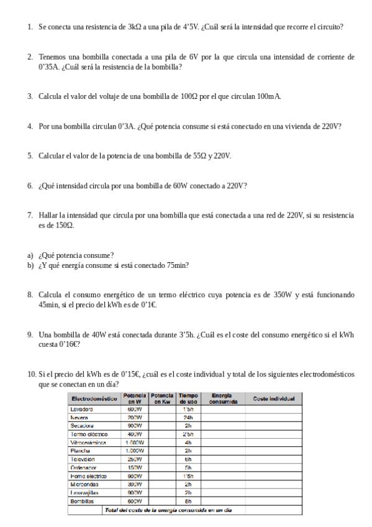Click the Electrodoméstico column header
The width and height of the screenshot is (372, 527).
(x=94, y=398)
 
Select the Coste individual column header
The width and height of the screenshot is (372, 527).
(x=273, y=398)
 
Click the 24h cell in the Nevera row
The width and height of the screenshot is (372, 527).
(x=188, y=418)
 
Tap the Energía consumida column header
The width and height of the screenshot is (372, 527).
(x=222, y=398)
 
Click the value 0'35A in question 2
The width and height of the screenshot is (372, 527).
(x=49, y=66)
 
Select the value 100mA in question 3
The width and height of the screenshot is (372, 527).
(x=269, y=96)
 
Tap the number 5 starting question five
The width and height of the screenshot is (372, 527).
(x=29, y=155)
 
